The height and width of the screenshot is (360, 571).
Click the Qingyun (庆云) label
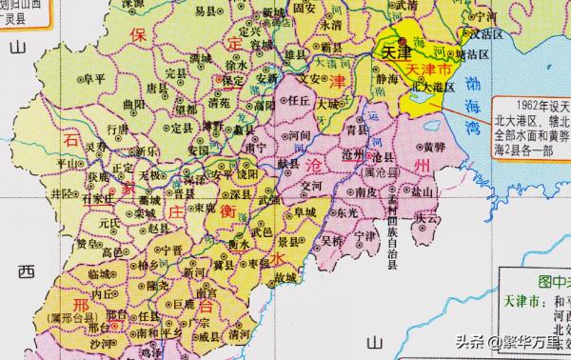(x=428, y=218)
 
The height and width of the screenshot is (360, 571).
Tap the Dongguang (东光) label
(x=347, y=215)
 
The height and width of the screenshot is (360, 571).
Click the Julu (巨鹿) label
(x=191, y=305)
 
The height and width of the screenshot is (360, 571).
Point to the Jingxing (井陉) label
(x=62, y=194)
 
